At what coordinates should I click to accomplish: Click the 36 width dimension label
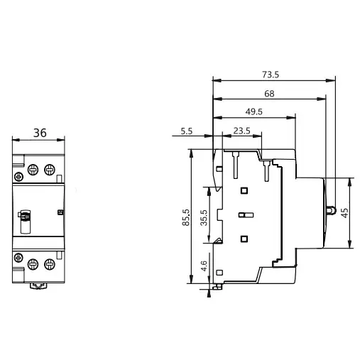pyautogui.click(x=40, y=132)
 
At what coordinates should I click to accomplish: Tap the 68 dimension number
pyautogui.click(x=269, y=93)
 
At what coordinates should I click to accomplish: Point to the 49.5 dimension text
pyautogui.click(x=254, y=111)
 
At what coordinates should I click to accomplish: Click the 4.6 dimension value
pyautogui.click(x=204, y=268)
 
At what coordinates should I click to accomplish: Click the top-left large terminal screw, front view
pyautogui.click(x=33, y=169)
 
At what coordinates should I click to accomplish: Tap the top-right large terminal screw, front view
pyautogui.click(x=50, y=169)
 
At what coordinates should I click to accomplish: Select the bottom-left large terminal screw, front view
pyautogui.click(x=33, y=265)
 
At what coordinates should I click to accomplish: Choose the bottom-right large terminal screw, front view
pyautogui.click(x=50, y=265)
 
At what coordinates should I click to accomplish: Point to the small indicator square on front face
pyautogui.click(x=60, y=212)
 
